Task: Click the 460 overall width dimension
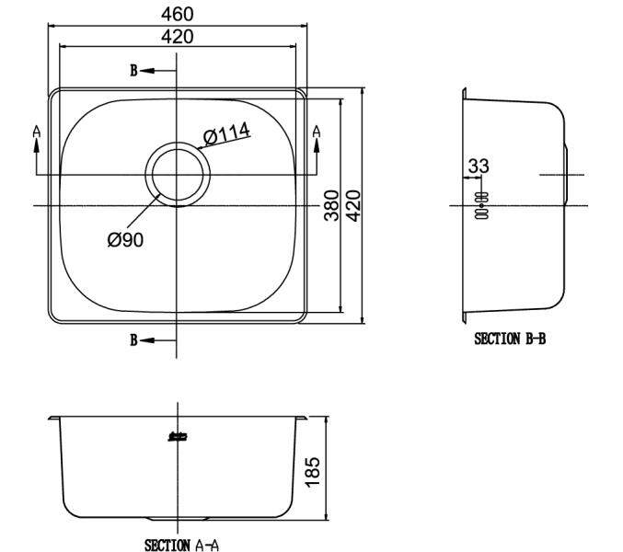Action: pos(178,15)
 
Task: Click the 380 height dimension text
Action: pos(332,205)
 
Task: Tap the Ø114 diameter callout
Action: pos(226,133)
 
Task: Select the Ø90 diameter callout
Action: pos(125,240)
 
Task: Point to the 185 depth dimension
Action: pos(312,471)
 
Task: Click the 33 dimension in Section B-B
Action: pos(479,166)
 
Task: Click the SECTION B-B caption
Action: pos(510,339)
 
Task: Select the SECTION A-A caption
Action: pos(181,545)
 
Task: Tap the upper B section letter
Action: pos(134,71)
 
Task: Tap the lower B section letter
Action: pos(134,340)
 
